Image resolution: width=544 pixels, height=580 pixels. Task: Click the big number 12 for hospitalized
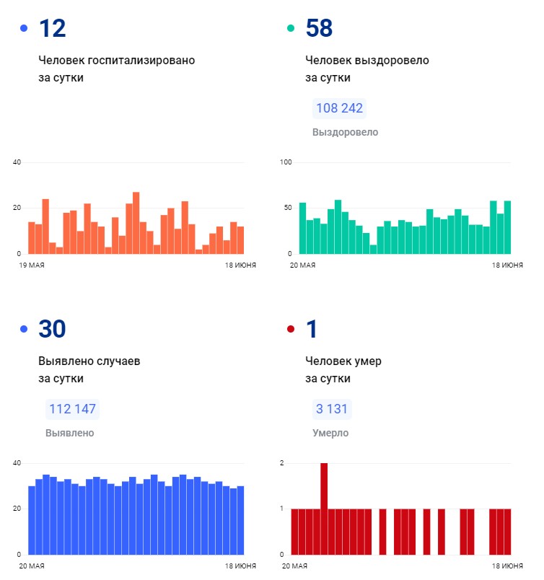(x=52, y=28)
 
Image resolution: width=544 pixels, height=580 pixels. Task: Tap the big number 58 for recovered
(x=319, y=28)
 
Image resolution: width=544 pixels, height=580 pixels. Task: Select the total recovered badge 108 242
(x=339, y=108)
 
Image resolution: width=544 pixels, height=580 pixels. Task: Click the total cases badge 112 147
(x=72, y=409)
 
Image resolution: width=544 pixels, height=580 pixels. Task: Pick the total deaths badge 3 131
(x=332, y=409)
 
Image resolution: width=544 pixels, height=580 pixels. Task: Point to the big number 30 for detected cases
(x=52, y=329)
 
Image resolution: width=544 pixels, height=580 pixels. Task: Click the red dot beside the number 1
(x=291, y=328)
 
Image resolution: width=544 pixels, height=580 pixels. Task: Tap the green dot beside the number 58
(x=291, y=27)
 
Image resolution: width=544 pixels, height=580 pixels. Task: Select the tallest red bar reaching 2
(x=324, y=509)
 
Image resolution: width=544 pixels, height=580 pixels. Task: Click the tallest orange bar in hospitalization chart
(x=136, y=223)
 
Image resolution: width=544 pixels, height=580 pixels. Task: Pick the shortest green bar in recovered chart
(x=373, y=250)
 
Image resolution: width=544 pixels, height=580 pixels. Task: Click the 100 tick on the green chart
(x=286, y=162)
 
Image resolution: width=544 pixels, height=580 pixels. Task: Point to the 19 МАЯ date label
(x=32, y=265)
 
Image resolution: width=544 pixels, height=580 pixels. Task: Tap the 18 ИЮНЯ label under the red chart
(x=507, y=566)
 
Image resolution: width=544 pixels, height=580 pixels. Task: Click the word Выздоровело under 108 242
(x=346, y=132)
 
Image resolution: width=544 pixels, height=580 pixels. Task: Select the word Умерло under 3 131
(x=330, y=433)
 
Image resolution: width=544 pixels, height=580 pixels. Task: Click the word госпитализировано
(x=141, y=61)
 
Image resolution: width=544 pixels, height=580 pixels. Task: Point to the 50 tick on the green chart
(x=288, y=208)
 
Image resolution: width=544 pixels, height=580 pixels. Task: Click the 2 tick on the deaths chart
(x=282, y=463)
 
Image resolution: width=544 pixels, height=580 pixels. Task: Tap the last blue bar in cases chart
(x=240, y=520)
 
